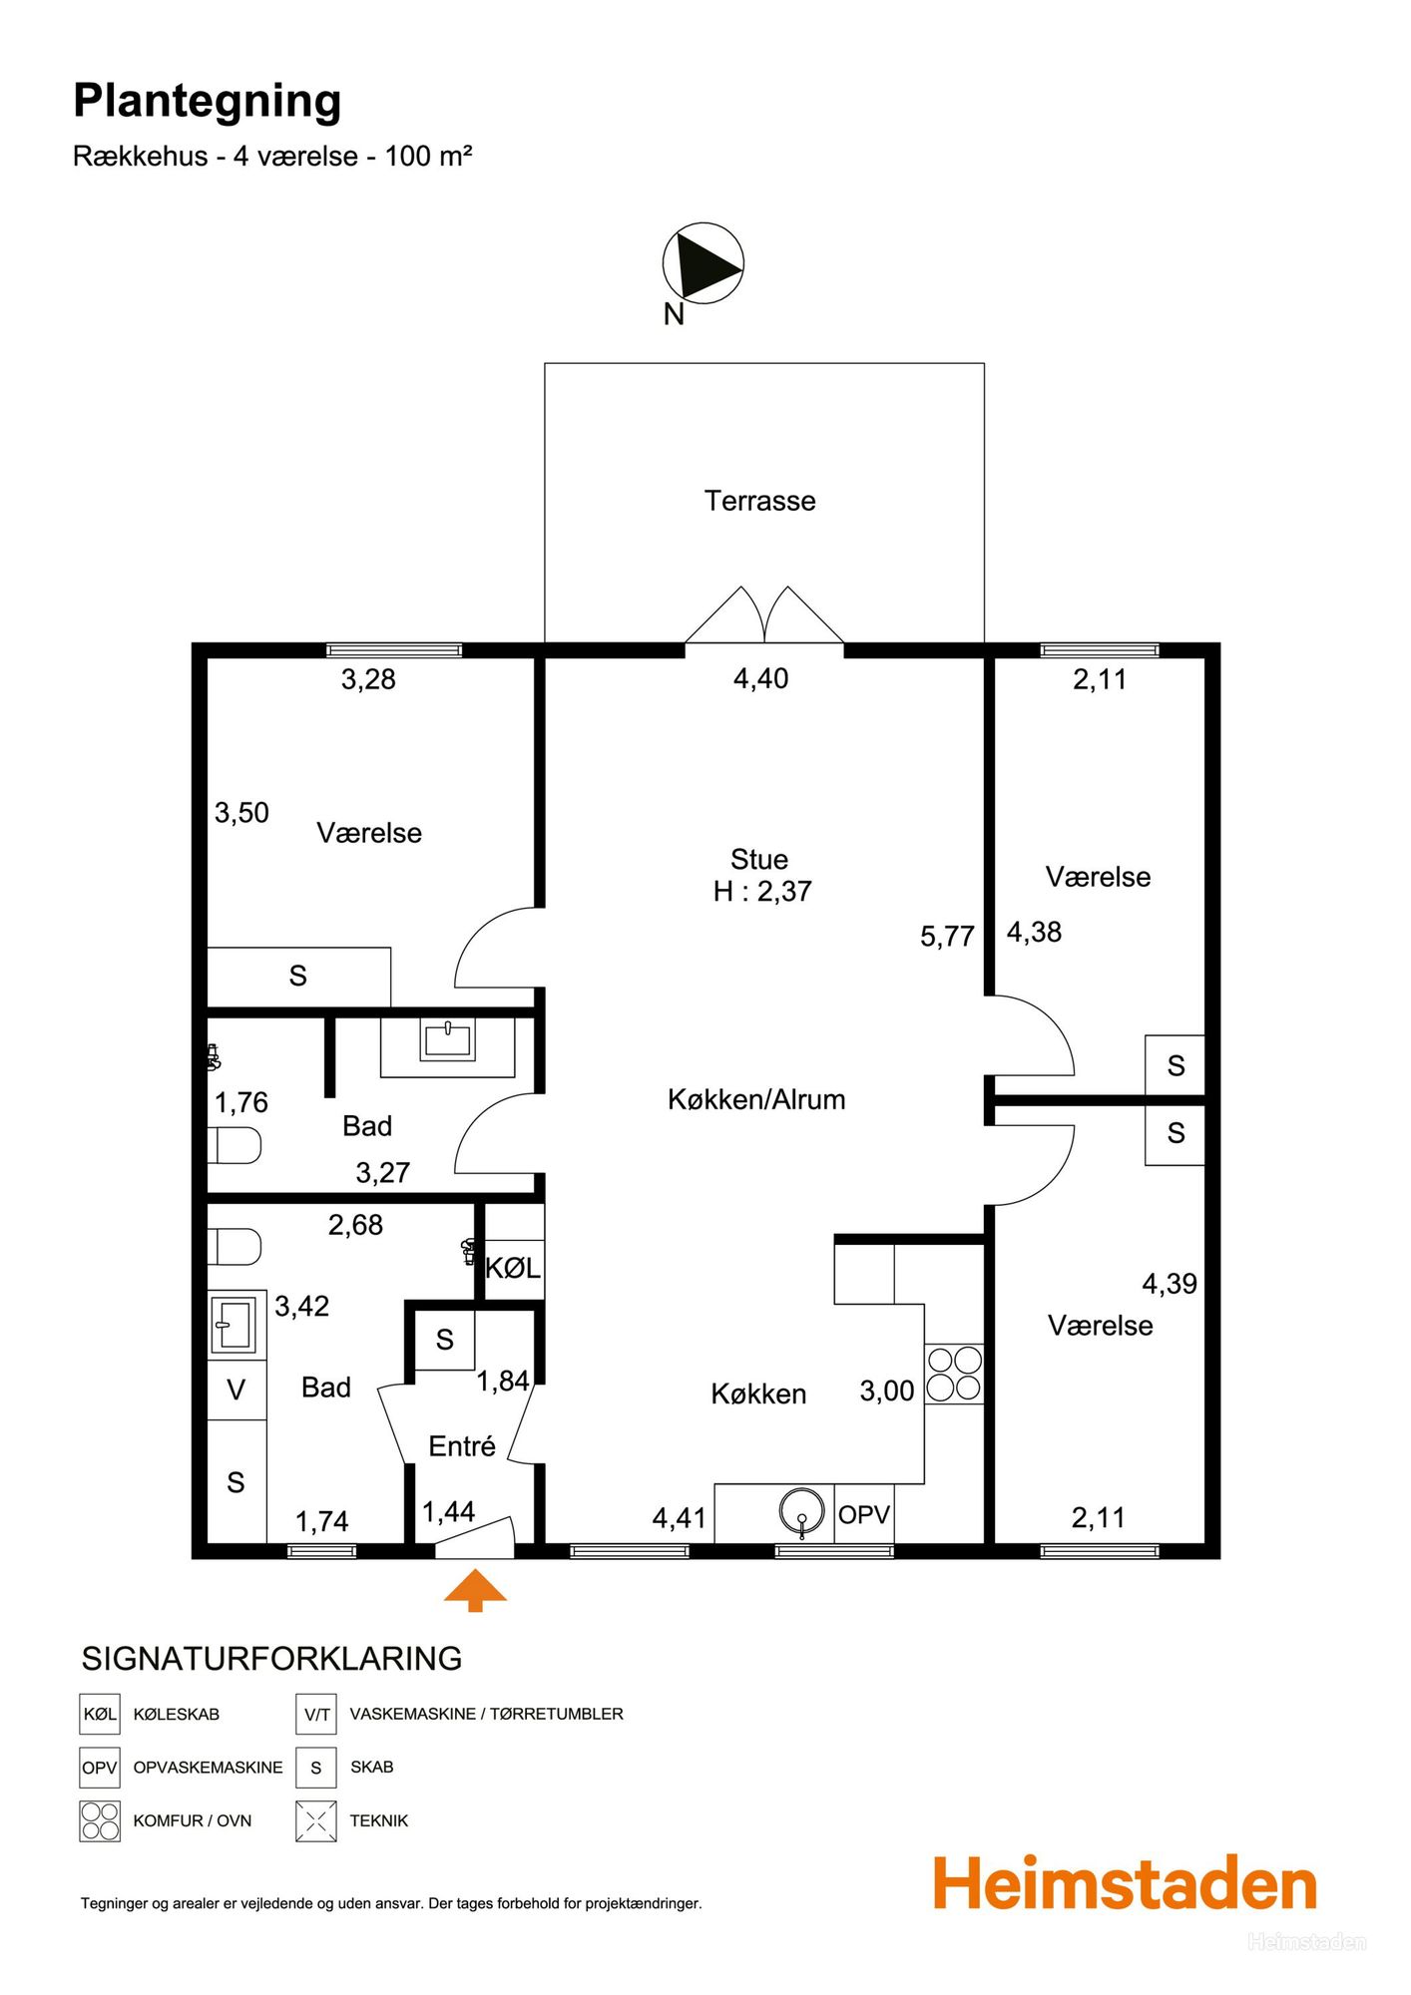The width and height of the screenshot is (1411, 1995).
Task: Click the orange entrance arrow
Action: pos(475,1590)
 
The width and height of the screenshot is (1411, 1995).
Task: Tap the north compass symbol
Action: pos(704,263)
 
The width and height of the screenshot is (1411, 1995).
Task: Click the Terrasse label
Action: pos(760,501)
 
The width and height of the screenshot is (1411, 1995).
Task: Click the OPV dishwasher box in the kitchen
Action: pos(864,1514)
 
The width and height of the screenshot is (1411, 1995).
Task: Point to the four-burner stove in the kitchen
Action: pos(954,1375)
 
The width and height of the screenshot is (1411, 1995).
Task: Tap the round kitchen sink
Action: pos(802,1512)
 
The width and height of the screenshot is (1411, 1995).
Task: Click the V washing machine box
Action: pos(236,1390)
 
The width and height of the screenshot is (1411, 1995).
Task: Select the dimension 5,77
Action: pos(947,937)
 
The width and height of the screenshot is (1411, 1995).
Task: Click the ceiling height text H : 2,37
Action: pos(762,892)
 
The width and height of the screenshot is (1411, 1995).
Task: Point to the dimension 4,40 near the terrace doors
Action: pos(760,679)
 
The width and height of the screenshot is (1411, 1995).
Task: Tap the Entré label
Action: pos(462,1446)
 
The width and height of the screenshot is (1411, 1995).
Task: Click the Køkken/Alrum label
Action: pos(756,1099)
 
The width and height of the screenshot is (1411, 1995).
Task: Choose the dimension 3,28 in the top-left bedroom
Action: pos(368,680)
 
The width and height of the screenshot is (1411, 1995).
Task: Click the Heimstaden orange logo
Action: pos(1125,1884)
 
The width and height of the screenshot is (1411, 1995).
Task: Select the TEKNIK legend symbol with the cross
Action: pos(315,1820)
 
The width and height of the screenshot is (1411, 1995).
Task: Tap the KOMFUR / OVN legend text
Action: pos(193,1820)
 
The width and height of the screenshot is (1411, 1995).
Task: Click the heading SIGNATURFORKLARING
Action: pos(271,1658)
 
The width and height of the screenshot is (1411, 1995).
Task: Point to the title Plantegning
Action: pos(208,102)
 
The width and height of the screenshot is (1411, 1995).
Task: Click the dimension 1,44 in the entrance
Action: pos(448,1512)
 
